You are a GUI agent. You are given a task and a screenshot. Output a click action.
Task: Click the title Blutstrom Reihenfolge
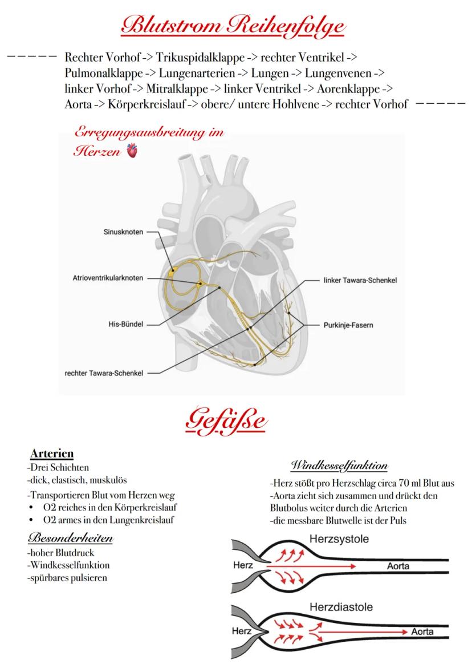[235, 26]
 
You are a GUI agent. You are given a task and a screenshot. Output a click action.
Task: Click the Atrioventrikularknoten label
[108, 278]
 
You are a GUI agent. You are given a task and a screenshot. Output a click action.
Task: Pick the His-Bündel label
[125, 324]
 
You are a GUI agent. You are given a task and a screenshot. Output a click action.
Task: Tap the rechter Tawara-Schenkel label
[103, 373]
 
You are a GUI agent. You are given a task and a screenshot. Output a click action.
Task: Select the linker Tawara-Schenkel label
[360, 280]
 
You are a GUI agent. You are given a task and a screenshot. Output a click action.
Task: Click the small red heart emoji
[132, 152]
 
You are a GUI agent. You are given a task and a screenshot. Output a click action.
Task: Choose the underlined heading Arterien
[51, 454]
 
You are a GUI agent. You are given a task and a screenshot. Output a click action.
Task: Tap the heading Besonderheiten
[70, 539]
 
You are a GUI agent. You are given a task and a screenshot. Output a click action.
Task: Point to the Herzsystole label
[339, 539]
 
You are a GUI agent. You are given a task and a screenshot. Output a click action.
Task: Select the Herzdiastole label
[340, 607]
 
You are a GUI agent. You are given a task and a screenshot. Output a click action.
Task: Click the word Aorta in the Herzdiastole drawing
[422, 631]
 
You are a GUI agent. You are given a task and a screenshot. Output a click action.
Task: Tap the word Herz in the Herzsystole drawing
[243, 566]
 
